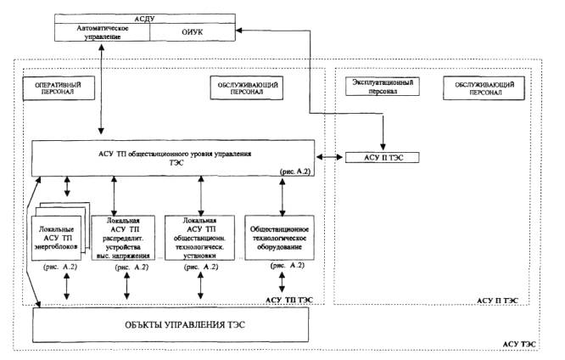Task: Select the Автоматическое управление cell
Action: (x=101, y=31)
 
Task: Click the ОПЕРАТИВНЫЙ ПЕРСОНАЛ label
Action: (x=57, y=88)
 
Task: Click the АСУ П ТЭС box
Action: (x=379, y=158)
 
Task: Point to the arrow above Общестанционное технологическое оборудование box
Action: (x=282, y=194)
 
